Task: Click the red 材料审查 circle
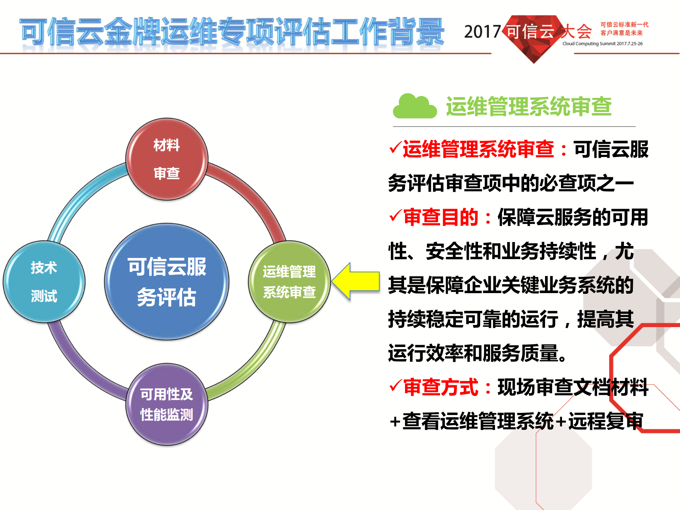pos(167,159)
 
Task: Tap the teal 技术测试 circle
pos(44,282)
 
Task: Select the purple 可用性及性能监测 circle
pos(167,404)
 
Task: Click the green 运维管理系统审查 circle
pos(289,282)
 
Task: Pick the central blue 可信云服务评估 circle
pos(167,282)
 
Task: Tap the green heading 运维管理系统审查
pos(528,107)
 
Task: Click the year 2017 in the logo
pos(482,32)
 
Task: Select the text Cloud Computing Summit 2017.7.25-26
pos(602,44)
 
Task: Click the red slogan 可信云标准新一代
pos(624,24)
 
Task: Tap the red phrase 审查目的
pos(441,217)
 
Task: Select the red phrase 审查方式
pos(441,387)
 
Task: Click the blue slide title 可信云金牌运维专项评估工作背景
pos(232,32)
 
